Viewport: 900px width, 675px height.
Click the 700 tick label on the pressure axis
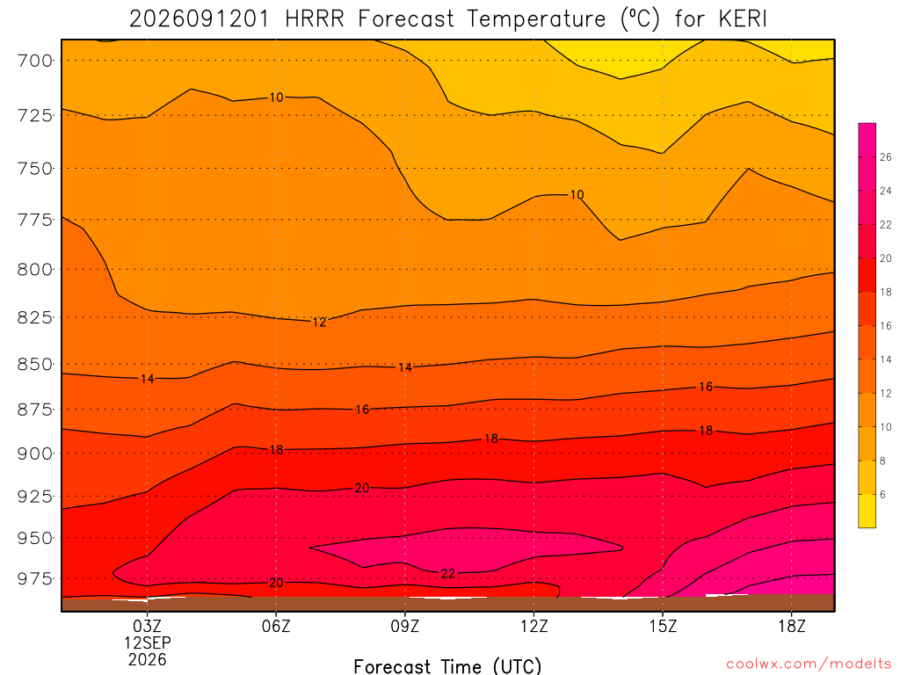[x=35, y=61]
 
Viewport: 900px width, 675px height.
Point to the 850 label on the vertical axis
[x=35, y=365]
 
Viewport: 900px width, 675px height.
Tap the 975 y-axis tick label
[x=35, y=578]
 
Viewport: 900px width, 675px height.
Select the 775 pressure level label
[x=35, y=219]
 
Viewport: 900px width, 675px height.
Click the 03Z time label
[x=148, y=626]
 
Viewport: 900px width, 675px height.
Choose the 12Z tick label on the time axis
[x=533, y=626]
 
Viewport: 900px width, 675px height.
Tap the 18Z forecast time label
[x=792, y=626]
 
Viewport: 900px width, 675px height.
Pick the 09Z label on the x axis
[x=405, y=626]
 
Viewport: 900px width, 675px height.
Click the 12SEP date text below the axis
[x=148, y=642]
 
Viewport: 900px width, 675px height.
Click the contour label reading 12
[x=319, y=322]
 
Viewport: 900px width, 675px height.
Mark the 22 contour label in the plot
[x=447, y=573]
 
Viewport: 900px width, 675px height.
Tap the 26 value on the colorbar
[x=886, y=157]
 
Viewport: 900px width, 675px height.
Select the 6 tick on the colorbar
[x=882, y=495]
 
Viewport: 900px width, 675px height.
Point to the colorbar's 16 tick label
[x=886, y=326]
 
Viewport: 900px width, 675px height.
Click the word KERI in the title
[x=743, y=19]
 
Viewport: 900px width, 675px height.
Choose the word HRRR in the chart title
[x=315, y=19]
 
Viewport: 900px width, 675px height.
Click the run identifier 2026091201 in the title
[x=200, y=19]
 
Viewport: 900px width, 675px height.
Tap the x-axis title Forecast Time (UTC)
[x=447, y=666]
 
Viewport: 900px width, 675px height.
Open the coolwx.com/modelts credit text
[x=809, y=664]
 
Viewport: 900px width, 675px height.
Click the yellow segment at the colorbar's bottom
[x=867, y=511]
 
